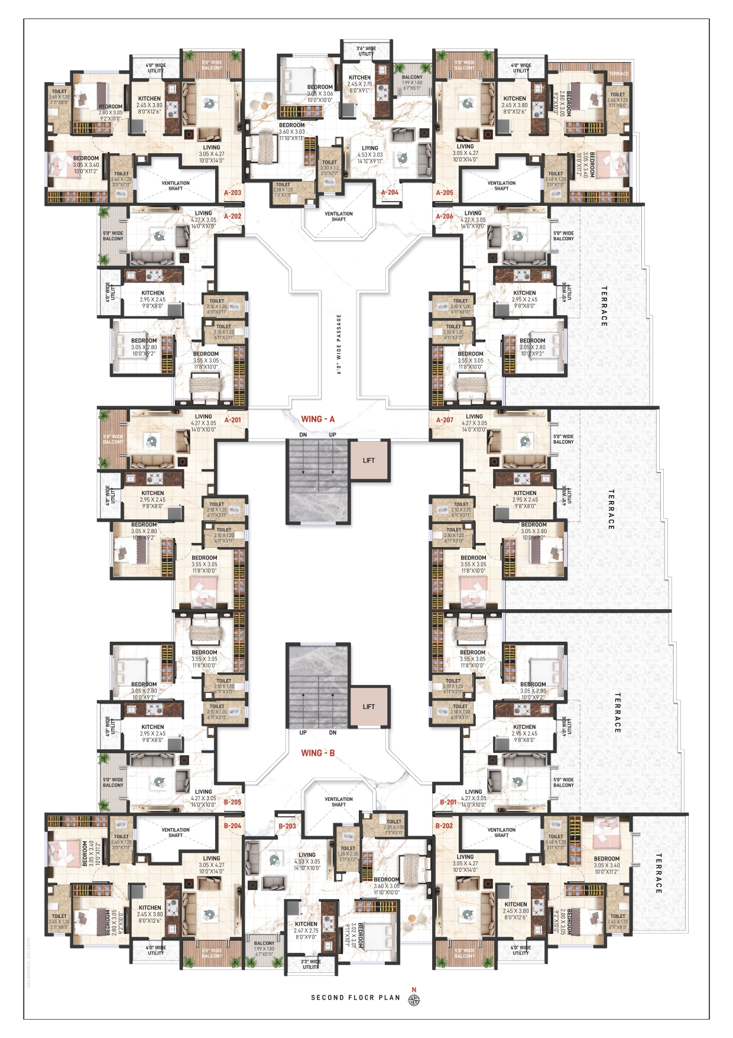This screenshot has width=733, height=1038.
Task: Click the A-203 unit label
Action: coord(232,193)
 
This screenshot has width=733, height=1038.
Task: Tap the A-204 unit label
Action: coord(390,193)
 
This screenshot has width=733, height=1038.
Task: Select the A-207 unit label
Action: coord(445,421)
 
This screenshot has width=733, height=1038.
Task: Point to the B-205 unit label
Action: coord(232,803)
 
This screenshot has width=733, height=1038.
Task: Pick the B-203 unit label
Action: coord(287,826)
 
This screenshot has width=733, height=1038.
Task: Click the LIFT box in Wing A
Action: coord(369,460)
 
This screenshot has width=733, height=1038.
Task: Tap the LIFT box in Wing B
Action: coord(369,707)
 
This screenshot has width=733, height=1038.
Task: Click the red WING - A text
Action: coord(318,419)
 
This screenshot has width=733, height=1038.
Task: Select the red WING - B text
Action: coord(318,753)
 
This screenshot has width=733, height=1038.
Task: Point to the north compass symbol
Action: coord(414,1000)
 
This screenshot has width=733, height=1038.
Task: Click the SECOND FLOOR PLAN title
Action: coord(355,998)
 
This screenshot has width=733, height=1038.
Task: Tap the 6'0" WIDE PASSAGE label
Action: coord(339,344)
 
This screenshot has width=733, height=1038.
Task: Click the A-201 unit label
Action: coord(232,421)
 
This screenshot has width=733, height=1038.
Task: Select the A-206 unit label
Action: coord(445,216)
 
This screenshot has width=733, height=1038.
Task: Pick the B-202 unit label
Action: coord(444,826)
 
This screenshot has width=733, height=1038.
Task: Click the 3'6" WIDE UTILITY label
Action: coord(366,51)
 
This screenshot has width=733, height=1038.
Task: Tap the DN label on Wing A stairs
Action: coord(303,435)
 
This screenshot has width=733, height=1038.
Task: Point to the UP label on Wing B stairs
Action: coord(303,733)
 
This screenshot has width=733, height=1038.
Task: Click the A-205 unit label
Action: coord(445,193)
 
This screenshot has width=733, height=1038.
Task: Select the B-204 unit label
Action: coord(232,826)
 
